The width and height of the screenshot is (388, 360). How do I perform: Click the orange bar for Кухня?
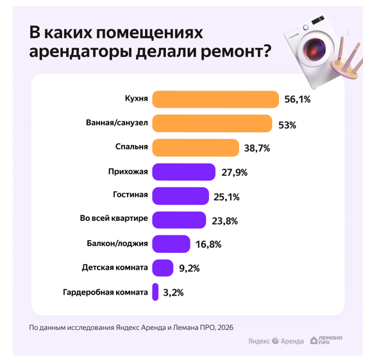point(215,99)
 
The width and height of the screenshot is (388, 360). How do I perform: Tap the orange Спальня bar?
point(196,148)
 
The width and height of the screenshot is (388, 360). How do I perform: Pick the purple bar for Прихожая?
point(183,172)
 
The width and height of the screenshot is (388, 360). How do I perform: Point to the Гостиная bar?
point(180,196)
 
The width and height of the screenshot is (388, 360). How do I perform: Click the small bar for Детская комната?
point(163,268)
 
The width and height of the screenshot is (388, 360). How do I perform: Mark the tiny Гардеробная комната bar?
point(155,292)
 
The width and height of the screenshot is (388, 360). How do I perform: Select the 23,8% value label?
point(224,221)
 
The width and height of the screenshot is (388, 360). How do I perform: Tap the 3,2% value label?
point(173,293)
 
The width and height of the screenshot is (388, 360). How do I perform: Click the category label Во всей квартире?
point(114,219)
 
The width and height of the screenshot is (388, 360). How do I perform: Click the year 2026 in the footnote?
point(224,327)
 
